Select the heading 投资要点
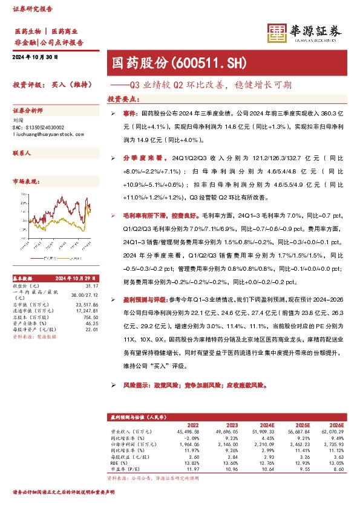(122, 98)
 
